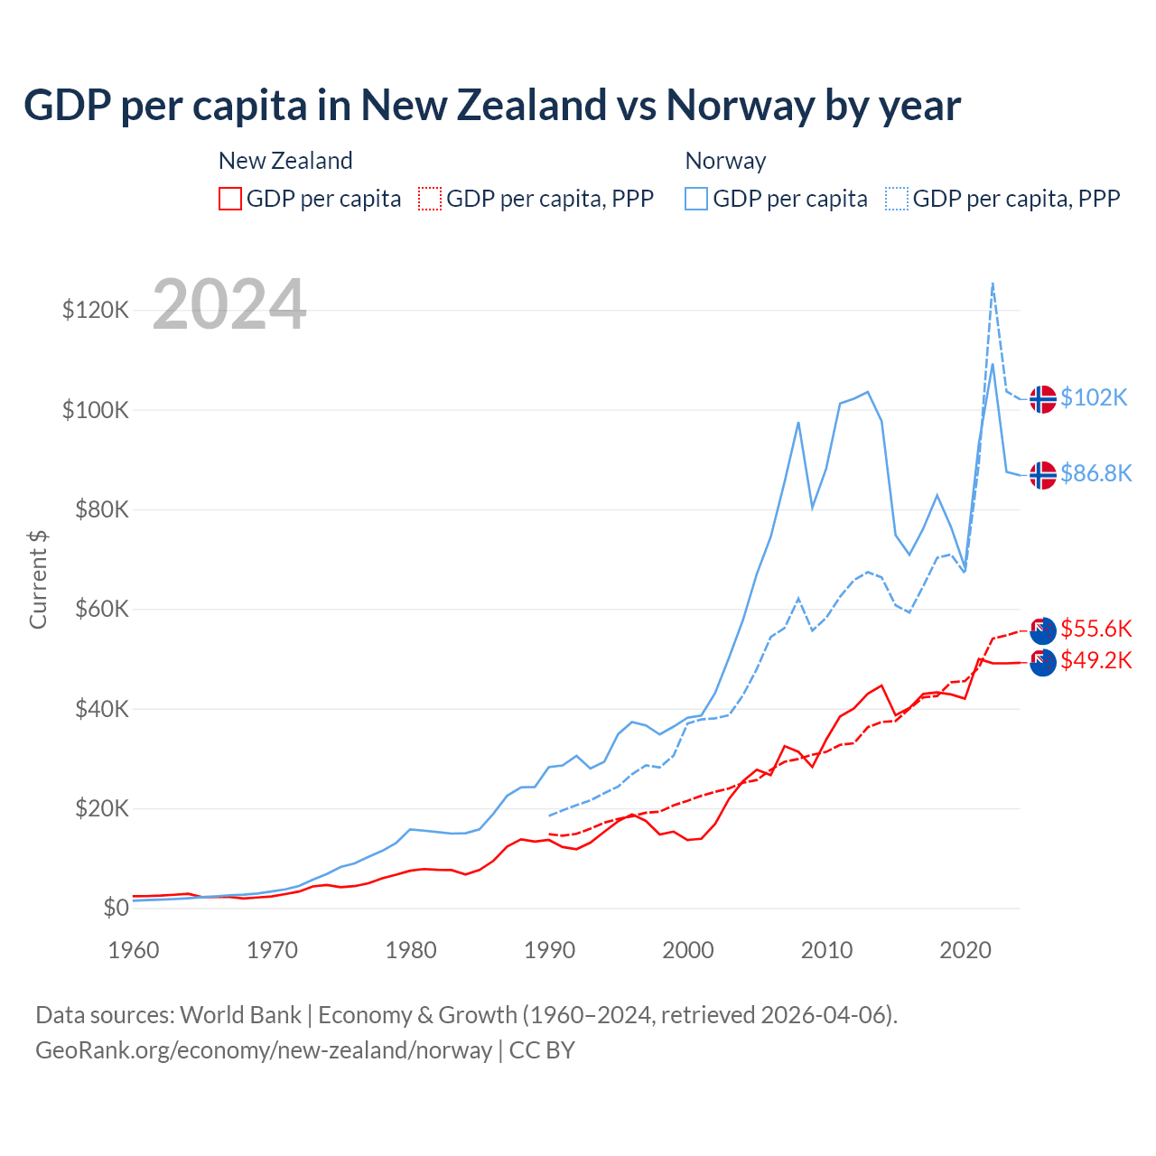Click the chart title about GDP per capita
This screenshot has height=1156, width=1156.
[492, 105]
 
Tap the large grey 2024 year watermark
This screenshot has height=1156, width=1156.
[229, 304]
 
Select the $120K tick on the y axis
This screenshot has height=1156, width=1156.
[96, 310]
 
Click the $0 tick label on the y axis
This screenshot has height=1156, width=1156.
[116, 908]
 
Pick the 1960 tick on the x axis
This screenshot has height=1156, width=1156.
[134, 950]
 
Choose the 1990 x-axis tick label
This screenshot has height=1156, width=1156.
[549, 950]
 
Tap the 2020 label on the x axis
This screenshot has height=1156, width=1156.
[965, 950]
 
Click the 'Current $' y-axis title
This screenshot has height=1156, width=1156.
[38, 579]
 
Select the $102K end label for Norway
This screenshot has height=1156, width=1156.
[1094, 397]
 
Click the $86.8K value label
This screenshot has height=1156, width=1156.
[1095, 473]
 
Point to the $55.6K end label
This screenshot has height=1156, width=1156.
[1095, 629]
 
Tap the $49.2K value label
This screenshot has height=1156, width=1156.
[1095, 661]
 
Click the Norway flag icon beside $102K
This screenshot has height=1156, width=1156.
[1043, 398]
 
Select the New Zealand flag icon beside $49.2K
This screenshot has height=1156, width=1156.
[1043, 662]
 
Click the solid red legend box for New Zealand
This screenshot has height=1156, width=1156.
[230, 199]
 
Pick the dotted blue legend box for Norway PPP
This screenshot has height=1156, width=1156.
[897, 199]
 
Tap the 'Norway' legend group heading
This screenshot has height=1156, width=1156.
[725, 161]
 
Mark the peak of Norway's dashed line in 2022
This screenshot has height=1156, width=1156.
[993, 283]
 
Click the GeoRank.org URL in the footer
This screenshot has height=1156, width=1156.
[263, 1050]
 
